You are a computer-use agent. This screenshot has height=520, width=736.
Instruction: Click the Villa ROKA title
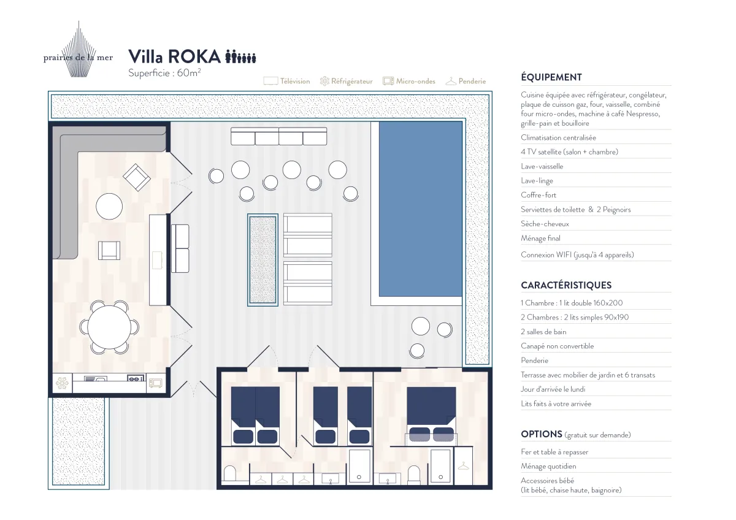tap(174, 56)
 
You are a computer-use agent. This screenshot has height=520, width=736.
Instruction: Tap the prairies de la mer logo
tap(79, 53)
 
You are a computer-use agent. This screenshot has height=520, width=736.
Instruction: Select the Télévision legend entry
tap(286, 81)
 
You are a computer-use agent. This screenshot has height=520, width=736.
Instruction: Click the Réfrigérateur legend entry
tap(347, 81)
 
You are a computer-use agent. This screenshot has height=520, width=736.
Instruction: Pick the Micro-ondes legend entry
tap(409, 81)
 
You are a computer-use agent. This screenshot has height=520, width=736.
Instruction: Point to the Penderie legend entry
tap(466, 81)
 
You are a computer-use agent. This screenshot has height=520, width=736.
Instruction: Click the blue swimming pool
tap(421, 209)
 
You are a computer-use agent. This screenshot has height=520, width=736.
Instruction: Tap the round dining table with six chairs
tap(109, 327)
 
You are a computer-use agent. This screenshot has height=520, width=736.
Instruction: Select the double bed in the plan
tap(431, 416)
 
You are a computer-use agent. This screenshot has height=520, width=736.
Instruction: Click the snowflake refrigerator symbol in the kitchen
tap(62, 383)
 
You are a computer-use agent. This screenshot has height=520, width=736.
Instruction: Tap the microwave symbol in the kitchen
tap(155, 383)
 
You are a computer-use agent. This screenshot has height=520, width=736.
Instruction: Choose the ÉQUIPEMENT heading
tap(551, 77)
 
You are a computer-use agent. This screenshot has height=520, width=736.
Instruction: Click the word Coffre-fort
tap(539, 195)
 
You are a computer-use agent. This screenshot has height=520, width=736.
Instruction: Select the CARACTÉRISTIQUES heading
tap(566, 285)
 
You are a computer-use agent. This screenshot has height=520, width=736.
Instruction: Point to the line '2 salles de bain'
tap(543, 332)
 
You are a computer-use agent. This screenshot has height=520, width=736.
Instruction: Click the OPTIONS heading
tap(542, 434)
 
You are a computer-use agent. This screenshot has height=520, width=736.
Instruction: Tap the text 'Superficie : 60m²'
tap(164, 72)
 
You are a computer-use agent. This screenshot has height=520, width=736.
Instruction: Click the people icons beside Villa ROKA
tap(240, 56)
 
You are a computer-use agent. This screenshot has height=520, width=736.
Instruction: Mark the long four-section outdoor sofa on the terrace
tap(278, 136)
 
